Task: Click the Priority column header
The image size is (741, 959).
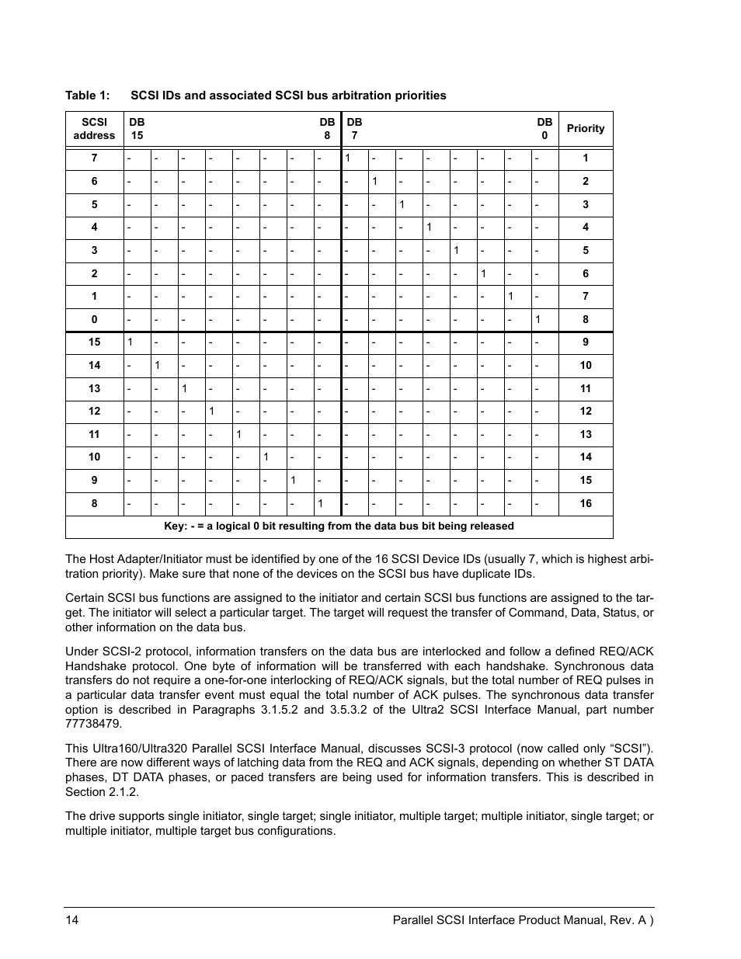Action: pyautogui.click(x=585, y=128)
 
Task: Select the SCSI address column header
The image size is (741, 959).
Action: pyautogui.click(x=94, y=128)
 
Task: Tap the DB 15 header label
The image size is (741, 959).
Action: pyautogui.click(x=137, y=128)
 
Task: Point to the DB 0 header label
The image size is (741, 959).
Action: pyautogui.click(x=544, y=128)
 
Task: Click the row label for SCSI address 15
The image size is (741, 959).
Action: pyautogui.click(x=94, y=342)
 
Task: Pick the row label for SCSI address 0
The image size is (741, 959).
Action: pyautogui.click(x=94, y=319)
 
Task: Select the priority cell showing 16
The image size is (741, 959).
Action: pyautogui.click(x=585, y=503)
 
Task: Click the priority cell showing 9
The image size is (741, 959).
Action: pyautogui.click(x=585, y=342)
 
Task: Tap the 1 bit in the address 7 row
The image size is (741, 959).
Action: pyautogui.click(x=348, y=158)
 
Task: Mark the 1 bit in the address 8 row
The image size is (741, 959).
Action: pyautogui.click(x=319, y=503)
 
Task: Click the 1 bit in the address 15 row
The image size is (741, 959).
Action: pyautogui.click(x=130, y=342)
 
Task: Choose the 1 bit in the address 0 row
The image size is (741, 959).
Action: pyautogui.click(x=537, y=319)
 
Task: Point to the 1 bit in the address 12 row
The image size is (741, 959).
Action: pyautogui.click(x=211, y=411)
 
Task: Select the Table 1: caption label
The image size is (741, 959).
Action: pyautogui.click(x=87, y=96)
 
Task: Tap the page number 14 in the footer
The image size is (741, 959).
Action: pyautogui.click(x=71, y=920)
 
